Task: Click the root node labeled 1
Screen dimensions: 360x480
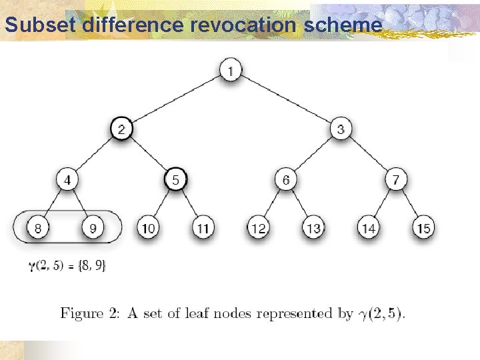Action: pyautogui.click(x=230, y=70)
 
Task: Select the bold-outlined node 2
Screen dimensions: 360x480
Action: pyautogui.click(x=121, y=129)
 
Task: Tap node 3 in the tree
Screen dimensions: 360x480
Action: pyautogui.click(x=340, y=129)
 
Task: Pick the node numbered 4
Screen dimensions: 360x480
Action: pyautogui.click(x=67, y=180)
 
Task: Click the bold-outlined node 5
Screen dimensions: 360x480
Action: pyautogui.click(x=175, y=180)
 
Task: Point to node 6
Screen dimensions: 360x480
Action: pyautogui.click(x=285, y=180)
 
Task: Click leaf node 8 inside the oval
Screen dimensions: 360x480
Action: pyautogui.click(x=39, y=229)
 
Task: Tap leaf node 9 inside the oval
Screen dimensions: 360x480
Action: pyautogui.click(x=93, y=229)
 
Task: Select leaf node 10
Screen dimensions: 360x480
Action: pyautogui.click(x=149, y=229)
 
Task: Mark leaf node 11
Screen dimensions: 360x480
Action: pyautogui.click(x=203, y=229)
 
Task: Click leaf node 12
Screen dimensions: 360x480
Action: pyautogui.click(x=259, y=229)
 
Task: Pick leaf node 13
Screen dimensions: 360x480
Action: pyautogui.click(x=313, y=229)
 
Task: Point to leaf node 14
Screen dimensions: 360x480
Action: pyautogui.click(x=368, y=229)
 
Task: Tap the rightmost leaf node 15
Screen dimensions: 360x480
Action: pyautogui.click(x=423, y=229)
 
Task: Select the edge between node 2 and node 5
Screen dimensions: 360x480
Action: pyautogui.click(x=148, y=154)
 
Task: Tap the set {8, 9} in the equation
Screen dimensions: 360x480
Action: pyautogui.click(x=92, y=265)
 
